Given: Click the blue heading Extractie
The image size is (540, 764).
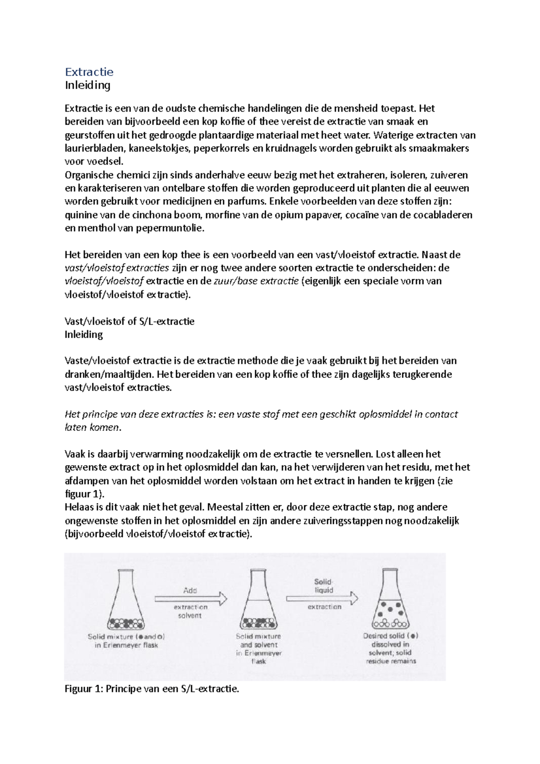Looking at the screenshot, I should pos(89,72).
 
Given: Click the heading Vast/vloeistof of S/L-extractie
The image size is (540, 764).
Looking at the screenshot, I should pos(130,321).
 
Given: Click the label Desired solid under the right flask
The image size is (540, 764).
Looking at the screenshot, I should pos(390,636).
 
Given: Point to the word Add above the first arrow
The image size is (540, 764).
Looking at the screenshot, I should pos(190,590).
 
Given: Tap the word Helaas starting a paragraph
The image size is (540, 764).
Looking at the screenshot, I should pos(79,507).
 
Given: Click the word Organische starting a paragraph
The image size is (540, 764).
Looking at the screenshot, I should pos(89,175).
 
